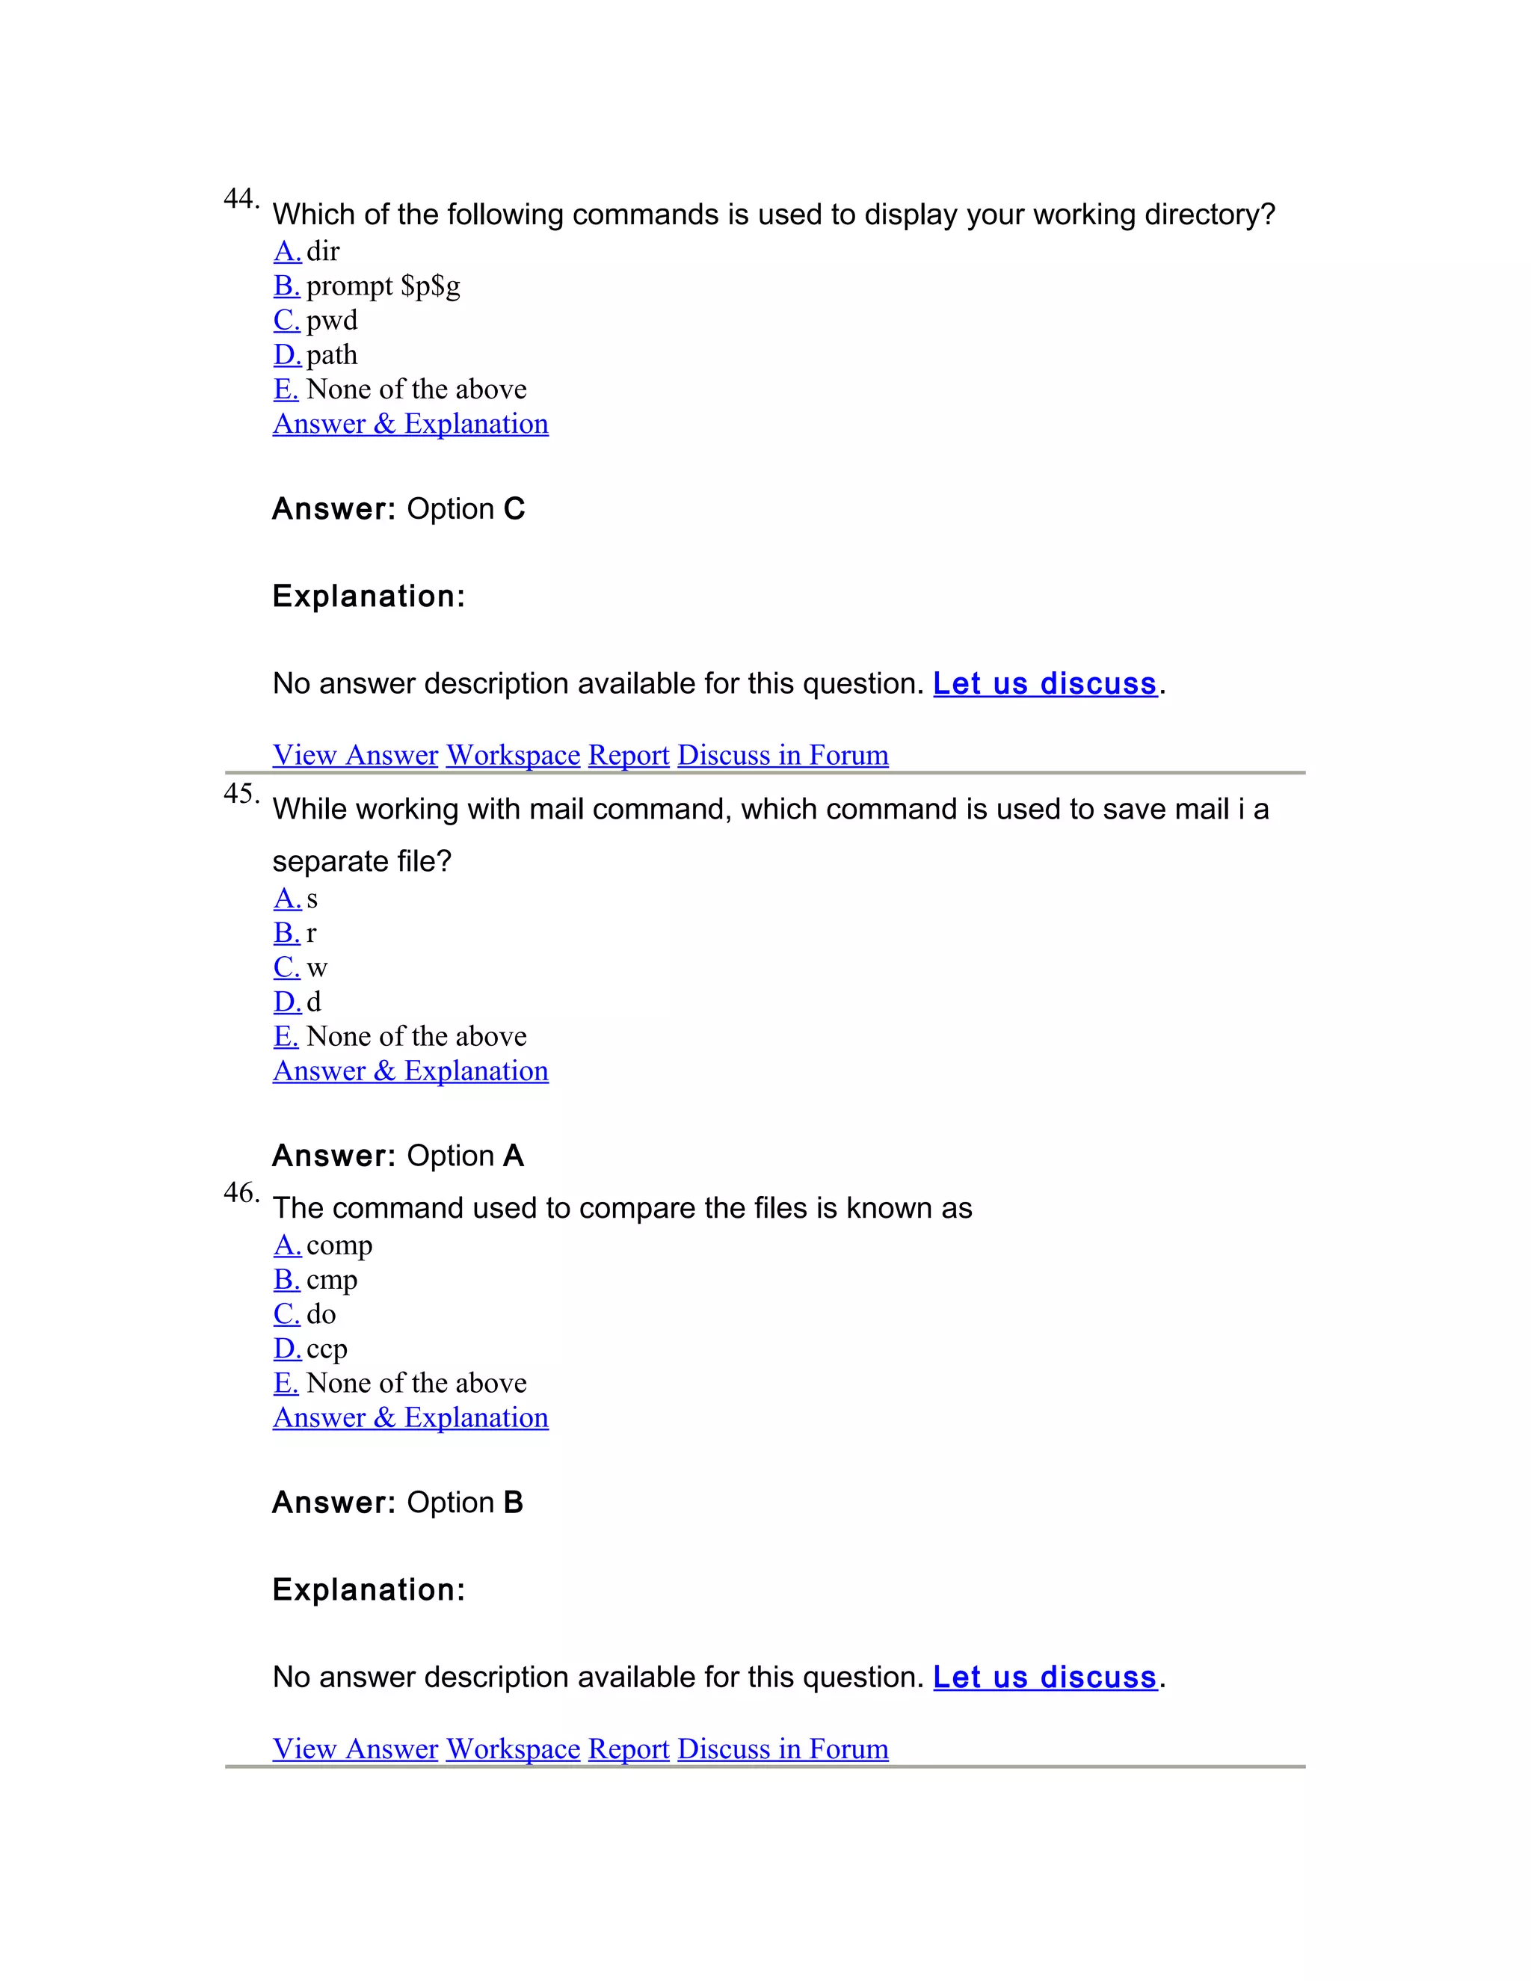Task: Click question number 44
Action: [241, 199]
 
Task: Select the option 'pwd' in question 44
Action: [331, 320]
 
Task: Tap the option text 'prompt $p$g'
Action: [383, 286]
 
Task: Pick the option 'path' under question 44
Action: [331, 354]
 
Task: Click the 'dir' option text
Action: [323, 251]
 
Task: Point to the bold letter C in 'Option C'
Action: [514, 509]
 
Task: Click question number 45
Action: [241, 794]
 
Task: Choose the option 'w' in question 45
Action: [316, 968]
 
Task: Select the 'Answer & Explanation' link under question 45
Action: [410, 1071]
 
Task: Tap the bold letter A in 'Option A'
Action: [514, 1156]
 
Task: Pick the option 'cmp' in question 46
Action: [331, 1280]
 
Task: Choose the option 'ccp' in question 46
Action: [327, 1349]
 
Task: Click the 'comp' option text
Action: [339, 1245]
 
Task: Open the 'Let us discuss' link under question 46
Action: [1045, 1677]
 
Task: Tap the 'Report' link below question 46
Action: [629, 1749]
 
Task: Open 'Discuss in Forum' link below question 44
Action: [783, 755]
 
